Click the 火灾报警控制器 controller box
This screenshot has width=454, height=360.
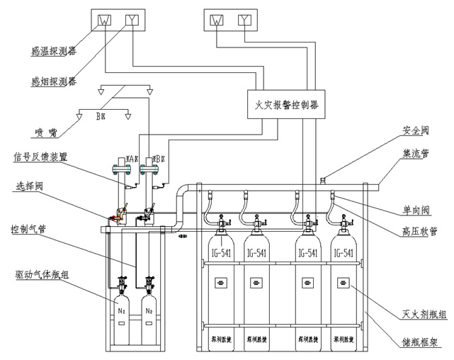286,104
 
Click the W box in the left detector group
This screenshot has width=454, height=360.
102,20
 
